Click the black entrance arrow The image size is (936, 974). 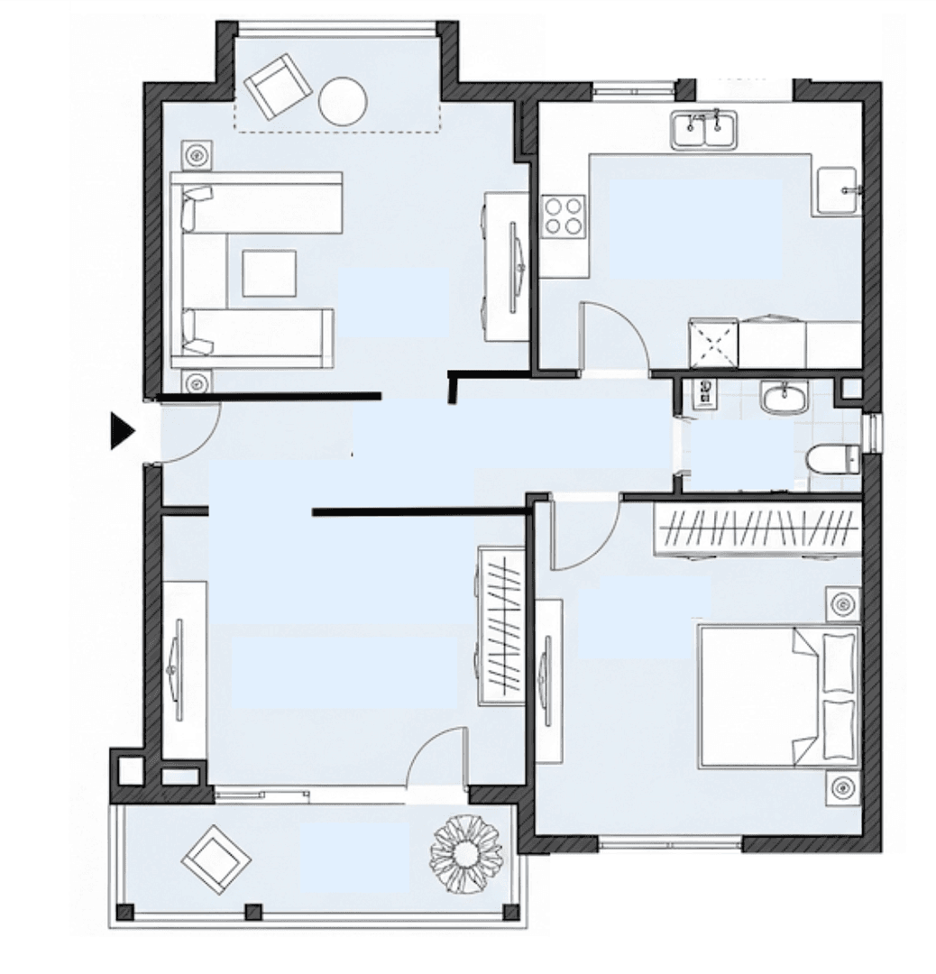click(122, 430)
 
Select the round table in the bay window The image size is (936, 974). click(343, 102)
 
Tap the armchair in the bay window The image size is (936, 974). click(277, 87)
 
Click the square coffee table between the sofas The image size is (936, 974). click(269, 273)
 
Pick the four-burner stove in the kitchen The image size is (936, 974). click(564, 216)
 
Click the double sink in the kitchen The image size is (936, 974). click(703, 130)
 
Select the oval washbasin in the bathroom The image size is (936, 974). click(785, 397)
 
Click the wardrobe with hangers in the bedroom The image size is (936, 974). click(756, 528)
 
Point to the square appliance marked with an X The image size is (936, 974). click(712, 343)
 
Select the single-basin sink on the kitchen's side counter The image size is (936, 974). click(838, 190)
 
